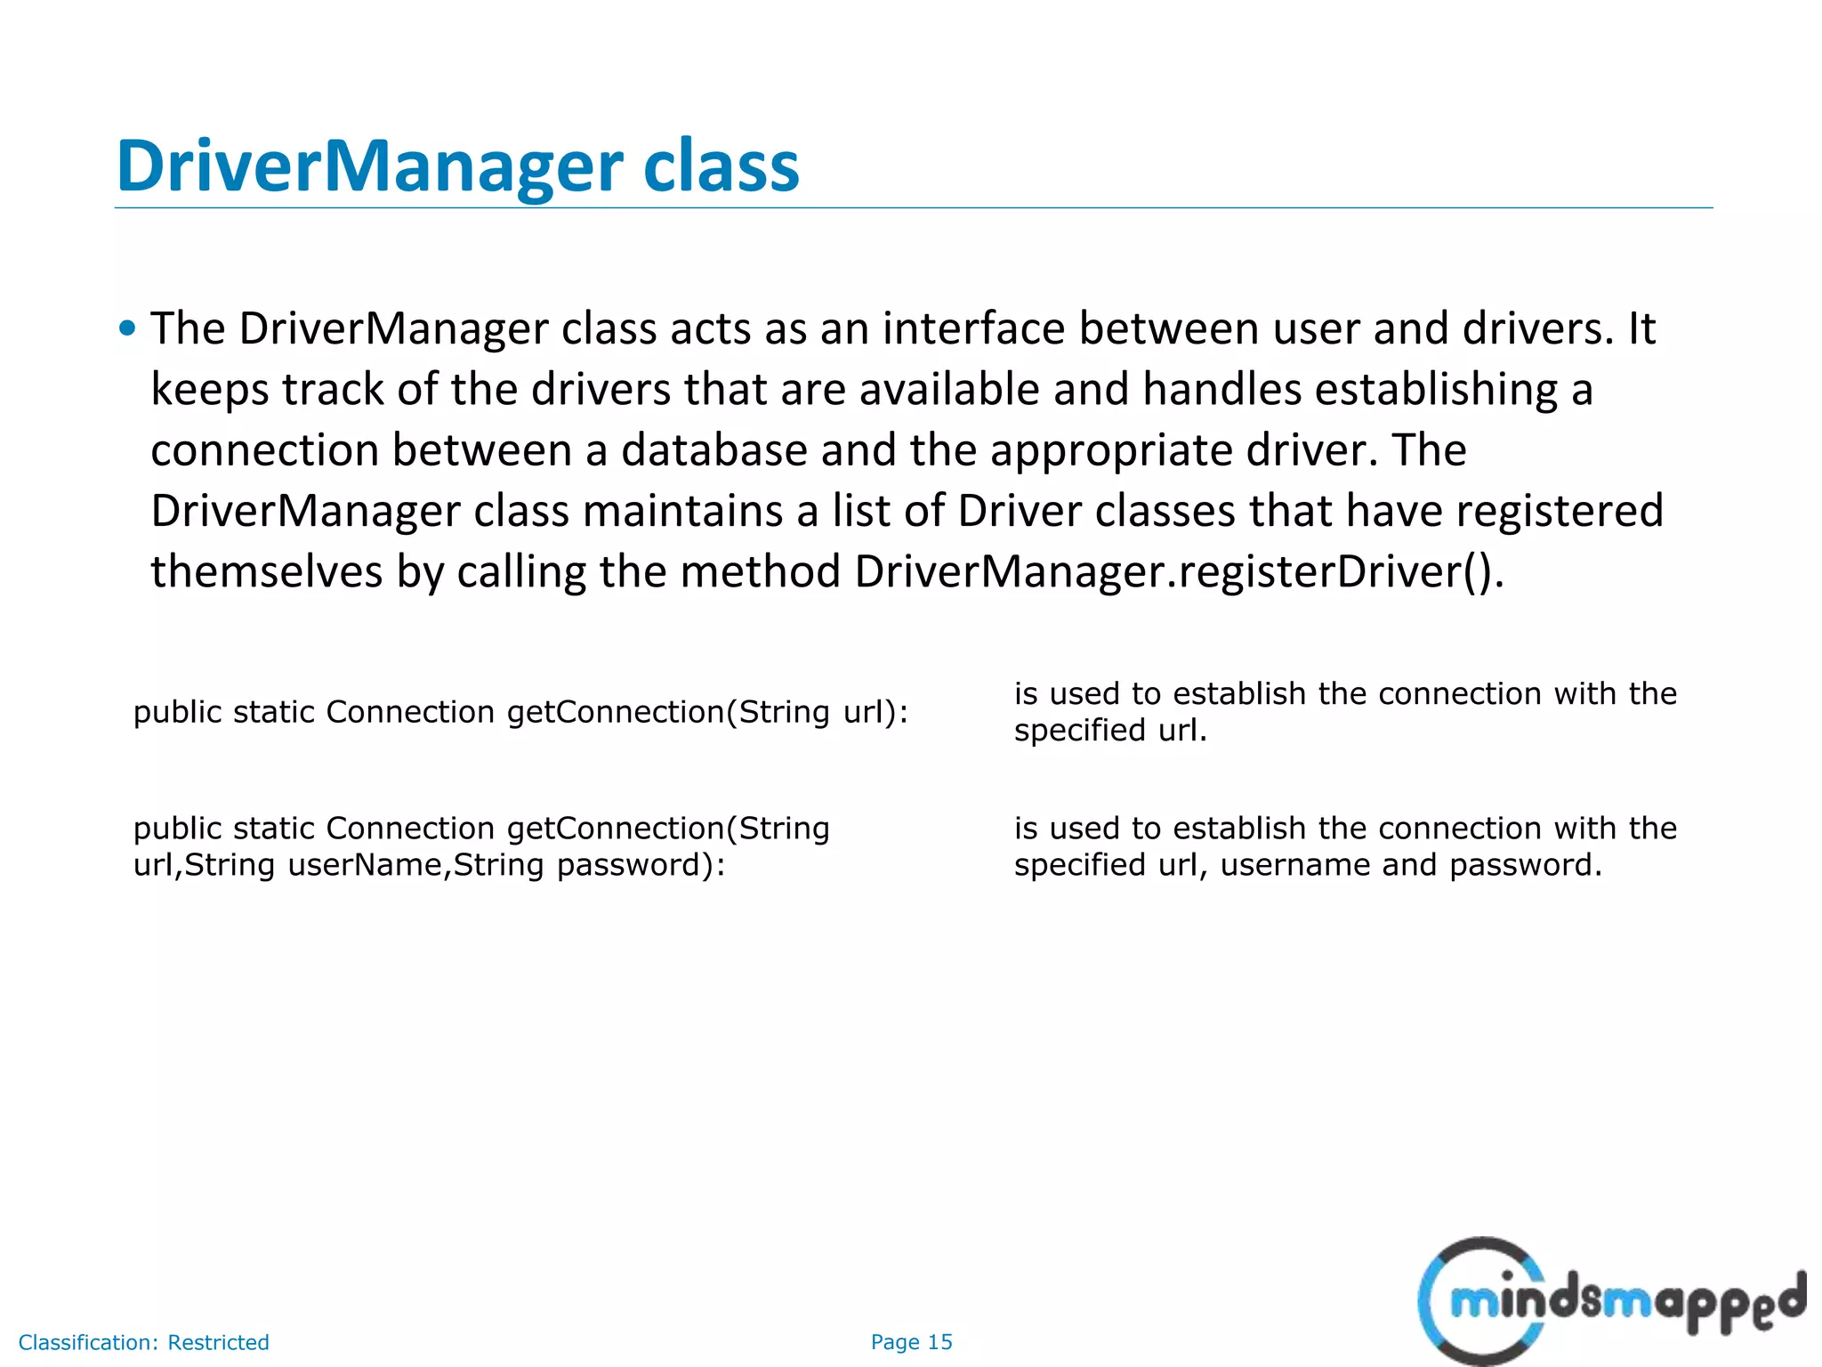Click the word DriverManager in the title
click(369, 166)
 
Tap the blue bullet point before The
click(127, 329)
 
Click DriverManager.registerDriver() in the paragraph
click(1178, 571)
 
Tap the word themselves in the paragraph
click(266, 571)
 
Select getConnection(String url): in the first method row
click(707, 712)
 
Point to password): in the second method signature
click(641, 865)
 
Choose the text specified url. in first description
click(1109, 731)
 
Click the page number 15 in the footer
click(939, 1342)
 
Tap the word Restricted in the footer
click(218, 1342)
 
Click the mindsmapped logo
click(1610, 1301)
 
